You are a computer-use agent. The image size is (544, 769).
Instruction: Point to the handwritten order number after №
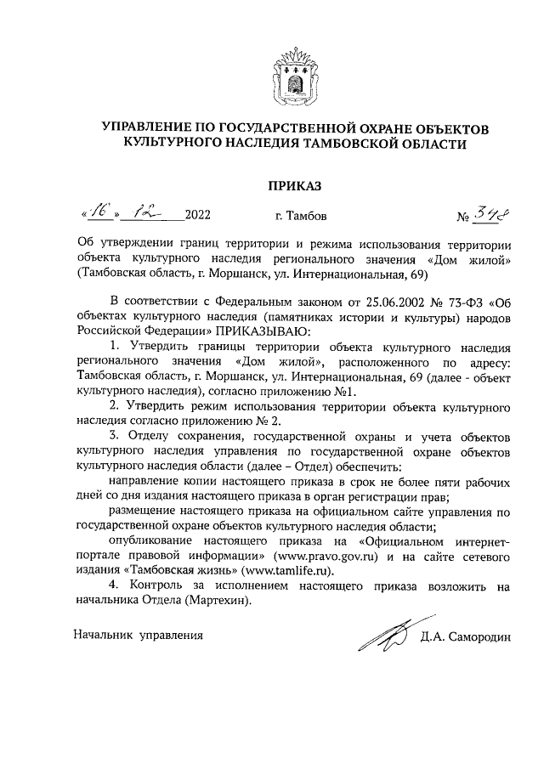488,212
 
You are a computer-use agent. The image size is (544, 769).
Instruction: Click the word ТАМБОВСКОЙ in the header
368,144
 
